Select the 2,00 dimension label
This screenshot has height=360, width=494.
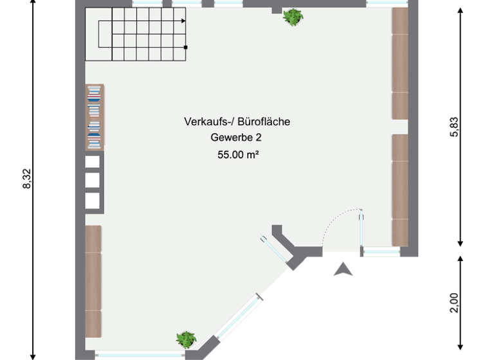click(454, 302)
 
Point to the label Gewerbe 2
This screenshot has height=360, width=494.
click(236, 137)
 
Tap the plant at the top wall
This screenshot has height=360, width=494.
click(293, 17)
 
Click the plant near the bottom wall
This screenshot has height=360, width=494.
click(186, 339)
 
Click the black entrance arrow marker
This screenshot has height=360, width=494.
click(343, 269)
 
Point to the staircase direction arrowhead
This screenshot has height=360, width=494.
click(183, 21)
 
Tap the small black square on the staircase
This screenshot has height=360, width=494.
click(185, 47)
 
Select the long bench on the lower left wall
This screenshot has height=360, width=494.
click(93, 281)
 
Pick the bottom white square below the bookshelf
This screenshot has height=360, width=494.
click(93, 201)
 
